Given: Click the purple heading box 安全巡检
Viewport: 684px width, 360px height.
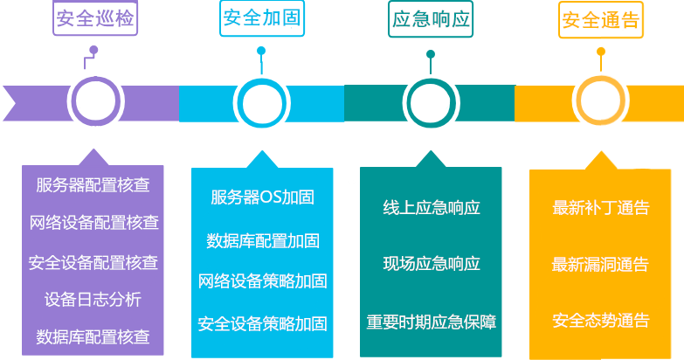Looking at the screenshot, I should click(94, 20).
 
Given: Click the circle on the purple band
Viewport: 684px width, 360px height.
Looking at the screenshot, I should click(93, 102).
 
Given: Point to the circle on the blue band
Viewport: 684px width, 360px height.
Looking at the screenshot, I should click(261, 102).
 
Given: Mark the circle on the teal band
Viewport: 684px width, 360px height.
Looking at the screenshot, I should click(431, 102).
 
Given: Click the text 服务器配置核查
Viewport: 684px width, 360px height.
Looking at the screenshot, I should click(93, 185).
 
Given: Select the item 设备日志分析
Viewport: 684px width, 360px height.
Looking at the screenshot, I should click(93, 300).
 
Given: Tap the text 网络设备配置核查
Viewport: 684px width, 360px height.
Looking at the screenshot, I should click(93, 223).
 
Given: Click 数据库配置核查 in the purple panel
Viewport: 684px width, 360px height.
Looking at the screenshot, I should click(93, 336).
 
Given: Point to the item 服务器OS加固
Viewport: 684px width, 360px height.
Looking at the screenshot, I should click(262, 197).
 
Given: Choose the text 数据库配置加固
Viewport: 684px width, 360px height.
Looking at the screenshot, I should click(262, 240).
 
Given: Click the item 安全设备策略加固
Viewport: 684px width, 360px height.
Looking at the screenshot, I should click(262, 324).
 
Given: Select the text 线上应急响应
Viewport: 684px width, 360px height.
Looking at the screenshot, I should click(432, 208).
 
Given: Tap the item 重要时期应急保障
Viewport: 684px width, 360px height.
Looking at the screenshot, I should click(432, 322).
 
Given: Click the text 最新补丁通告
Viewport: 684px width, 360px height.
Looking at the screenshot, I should click(601, 208).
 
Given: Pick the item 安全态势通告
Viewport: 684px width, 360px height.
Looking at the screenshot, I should click(601, 321).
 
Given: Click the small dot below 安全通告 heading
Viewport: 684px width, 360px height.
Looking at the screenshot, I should click(600, 51).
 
